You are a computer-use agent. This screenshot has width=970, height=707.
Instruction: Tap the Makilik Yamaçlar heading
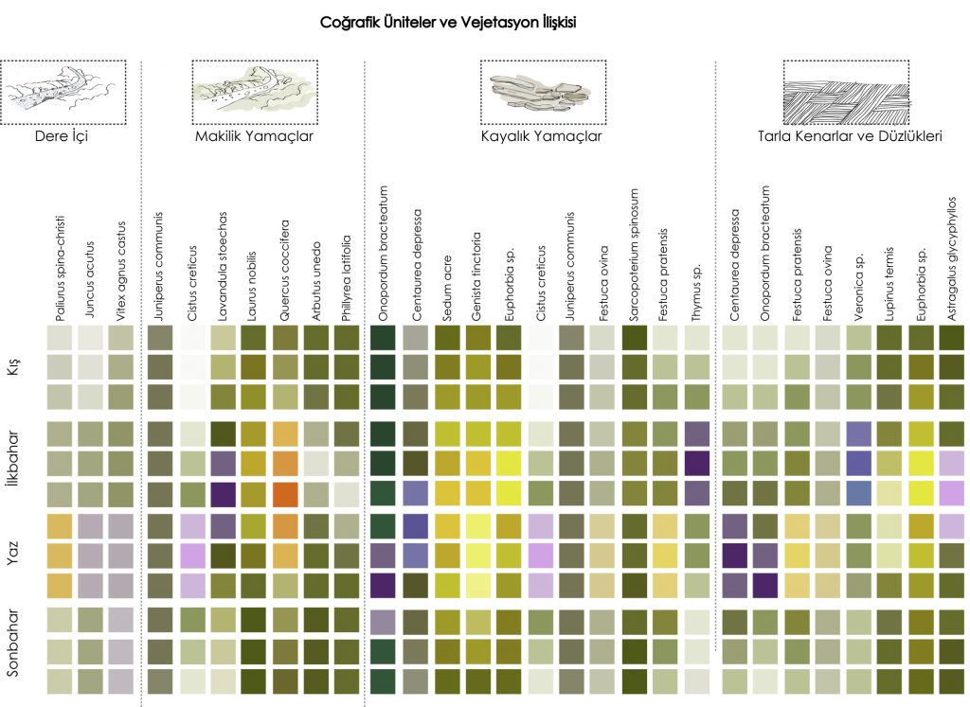click(254, 136)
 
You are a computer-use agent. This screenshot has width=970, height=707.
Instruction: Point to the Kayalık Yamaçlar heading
click(540, 136)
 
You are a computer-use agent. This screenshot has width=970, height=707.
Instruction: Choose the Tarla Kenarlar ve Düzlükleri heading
click(850, 136)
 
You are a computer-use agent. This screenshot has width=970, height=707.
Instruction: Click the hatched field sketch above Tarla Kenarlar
click(845, 93)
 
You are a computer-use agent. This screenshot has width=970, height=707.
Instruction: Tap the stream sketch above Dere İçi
click(63, 93)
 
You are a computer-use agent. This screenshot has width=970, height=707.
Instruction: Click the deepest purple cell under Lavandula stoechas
click(223, 494)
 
